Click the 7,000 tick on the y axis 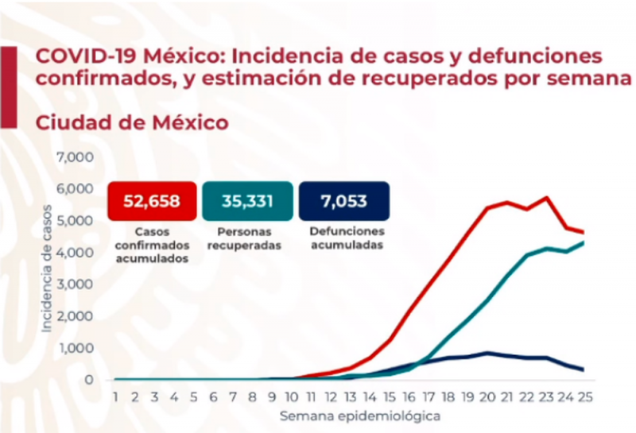(77, 157)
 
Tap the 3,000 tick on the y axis (77, 284)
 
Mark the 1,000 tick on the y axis (77, 348)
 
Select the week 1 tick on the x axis (116, 396)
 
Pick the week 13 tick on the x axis (351, 396)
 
